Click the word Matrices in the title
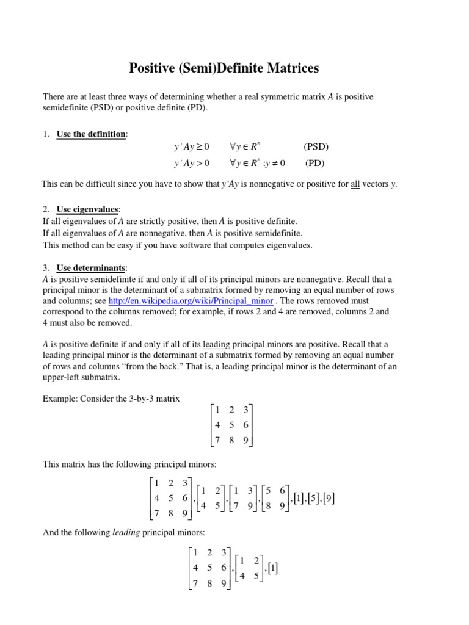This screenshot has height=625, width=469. point(289,68)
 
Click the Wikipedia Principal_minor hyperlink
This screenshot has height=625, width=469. point(191,302)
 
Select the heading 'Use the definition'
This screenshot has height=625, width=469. point(90,134)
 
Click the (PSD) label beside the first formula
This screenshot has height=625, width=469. point(316,147)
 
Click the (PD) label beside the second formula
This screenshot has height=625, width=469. point(315,163)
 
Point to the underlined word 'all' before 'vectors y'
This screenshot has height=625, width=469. point(356,184)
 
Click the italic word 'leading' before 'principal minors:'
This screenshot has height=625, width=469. point(126,533)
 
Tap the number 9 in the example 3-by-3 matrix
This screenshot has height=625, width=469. point(245,440)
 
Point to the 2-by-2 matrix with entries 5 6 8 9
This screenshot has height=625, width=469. point(274,499)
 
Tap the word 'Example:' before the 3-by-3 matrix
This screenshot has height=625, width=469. point(60,399)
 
